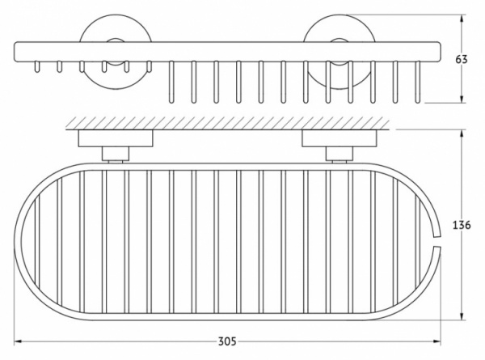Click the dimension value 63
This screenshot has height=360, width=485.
462,59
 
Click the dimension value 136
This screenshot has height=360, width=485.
462,225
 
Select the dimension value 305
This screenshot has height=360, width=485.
227,341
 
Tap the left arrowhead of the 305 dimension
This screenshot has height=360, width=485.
18,341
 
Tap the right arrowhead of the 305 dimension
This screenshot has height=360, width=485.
437,341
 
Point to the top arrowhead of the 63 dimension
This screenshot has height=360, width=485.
462,19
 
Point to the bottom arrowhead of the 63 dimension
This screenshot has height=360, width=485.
462,99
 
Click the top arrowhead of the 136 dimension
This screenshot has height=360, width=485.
462,133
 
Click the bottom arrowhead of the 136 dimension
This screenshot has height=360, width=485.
462,316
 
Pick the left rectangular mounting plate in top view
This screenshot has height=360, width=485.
116,138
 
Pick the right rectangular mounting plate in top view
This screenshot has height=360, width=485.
339,138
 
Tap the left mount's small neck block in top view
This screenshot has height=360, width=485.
116,154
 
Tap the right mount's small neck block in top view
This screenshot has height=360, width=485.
339,154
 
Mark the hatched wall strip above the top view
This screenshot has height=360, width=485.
228,123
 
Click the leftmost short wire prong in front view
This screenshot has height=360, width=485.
37,66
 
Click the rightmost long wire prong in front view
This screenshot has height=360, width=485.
418,82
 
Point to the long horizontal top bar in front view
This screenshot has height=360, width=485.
227,51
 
